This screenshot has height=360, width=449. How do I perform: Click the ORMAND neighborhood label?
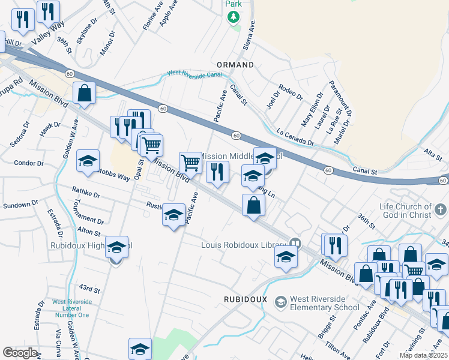[235, 64]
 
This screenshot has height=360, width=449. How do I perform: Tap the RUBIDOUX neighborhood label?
[245, 299]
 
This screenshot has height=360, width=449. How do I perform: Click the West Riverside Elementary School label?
[325, 303]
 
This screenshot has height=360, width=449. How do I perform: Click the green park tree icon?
[233, 17]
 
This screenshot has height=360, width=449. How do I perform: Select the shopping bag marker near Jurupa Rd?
[85, 93]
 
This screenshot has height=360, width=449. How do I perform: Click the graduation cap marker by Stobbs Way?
[88, 161]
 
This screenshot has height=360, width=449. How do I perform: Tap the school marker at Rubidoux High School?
[116, 246]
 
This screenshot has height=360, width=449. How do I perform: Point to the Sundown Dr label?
[16, 205]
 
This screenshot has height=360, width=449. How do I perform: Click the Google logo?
[20, 353]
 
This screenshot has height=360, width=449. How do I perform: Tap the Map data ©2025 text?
[423, 355]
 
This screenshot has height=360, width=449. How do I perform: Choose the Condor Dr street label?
[29, 163]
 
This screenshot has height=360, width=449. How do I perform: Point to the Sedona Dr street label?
[20, 136]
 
